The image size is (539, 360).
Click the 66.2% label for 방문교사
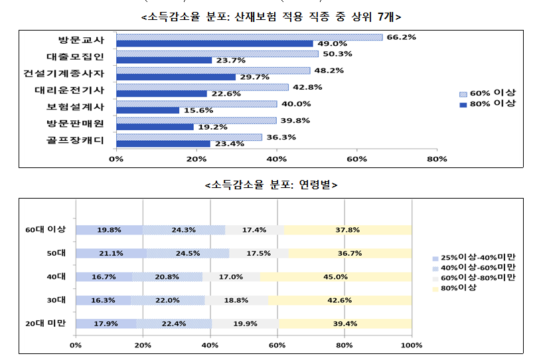[x=401, y=37]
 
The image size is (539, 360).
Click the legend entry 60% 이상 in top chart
[x=491, y=94]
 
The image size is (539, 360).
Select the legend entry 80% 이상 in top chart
[x=491, y=104]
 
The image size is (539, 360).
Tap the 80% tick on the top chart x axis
[x=437, y=159]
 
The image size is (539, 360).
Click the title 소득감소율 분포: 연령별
[x=272, y=184]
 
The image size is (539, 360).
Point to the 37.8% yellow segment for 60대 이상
[x=348, y=230]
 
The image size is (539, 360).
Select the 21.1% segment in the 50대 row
[x=111, y=253]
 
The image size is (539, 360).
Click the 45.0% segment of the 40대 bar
[x=336, y=276]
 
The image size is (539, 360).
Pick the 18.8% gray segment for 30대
[x=236, y=300]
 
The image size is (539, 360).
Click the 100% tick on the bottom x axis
[x=412, y=345]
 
